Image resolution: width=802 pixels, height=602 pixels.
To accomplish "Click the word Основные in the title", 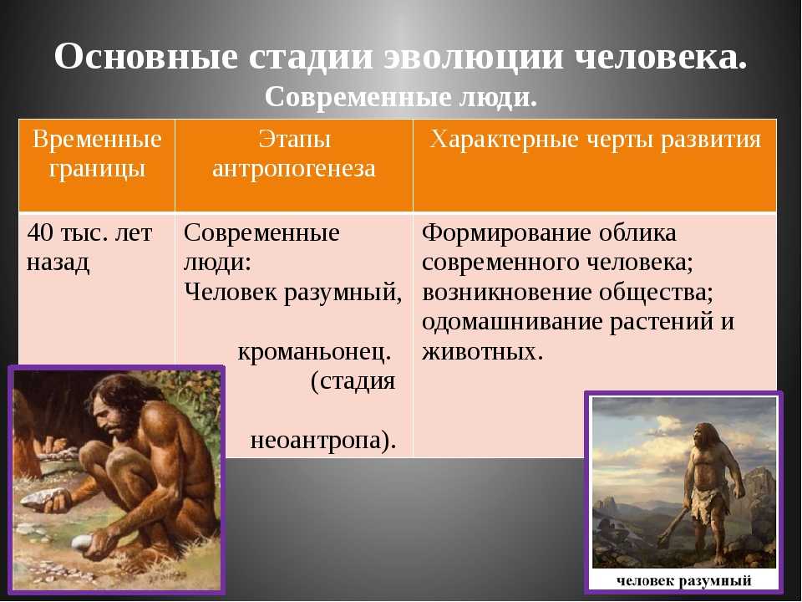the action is pyautogui.click(x=145, y=56).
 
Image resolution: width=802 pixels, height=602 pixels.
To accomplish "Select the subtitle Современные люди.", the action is pyautogui.click(x=401, y=97).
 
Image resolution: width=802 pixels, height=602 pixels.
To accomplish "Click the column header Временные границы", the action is pyautogui.click(x=97, y=154).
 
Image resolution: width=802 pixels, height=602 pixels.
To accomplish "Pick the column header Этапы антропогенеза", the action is pyautogui.click(x=294, y=154).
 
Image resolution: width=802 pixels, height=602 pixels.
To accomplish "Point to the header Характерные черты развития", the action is pyautogui.click(x=596, y=140).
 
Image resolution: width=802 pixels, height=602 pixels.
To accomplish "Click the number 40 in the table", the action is pyautogui.click(x=40, y=233).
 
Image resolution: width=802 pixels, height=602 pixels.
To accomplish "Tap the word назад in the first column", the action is pyautogui.click(x=58, y=263).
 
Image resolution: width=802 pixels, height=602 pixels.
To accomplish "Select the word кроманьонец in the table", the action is pyautogui.click(x=314, y=352).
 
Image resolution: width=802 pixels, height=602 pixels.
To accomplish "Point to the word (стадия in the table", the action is pyautogui.click(x=353, y=381).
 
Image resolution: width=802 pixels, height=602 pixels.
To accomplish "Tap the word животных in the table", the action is pyautogui.click(x=482, y=352).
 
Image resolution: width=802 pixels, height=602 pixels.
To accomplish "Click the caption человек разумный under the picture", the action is pyautogui.click(x=683, y=580).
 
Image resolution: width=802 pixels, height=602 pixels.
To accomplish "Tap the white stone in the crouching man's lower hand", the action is pyautogui.click(x=82, y=542).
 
